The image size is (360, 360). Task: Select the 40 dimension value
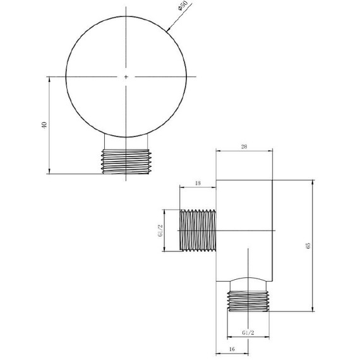coord(44,126)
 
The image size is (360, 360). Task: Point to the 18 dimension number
coord(197,183)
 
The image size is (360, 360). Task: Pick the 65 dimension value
coord(308,245)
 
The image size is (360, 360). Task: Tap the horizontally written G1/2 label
coord(248,332)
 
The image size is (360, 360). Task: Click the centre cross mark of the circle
coord(126,77)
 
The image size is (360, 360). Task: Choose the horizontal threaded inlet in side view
coord(198,230)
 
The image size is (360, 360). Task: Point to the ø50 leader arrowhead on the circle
coord(169,29)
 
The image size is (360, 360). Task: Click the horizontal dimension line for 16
coord(240,352)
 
